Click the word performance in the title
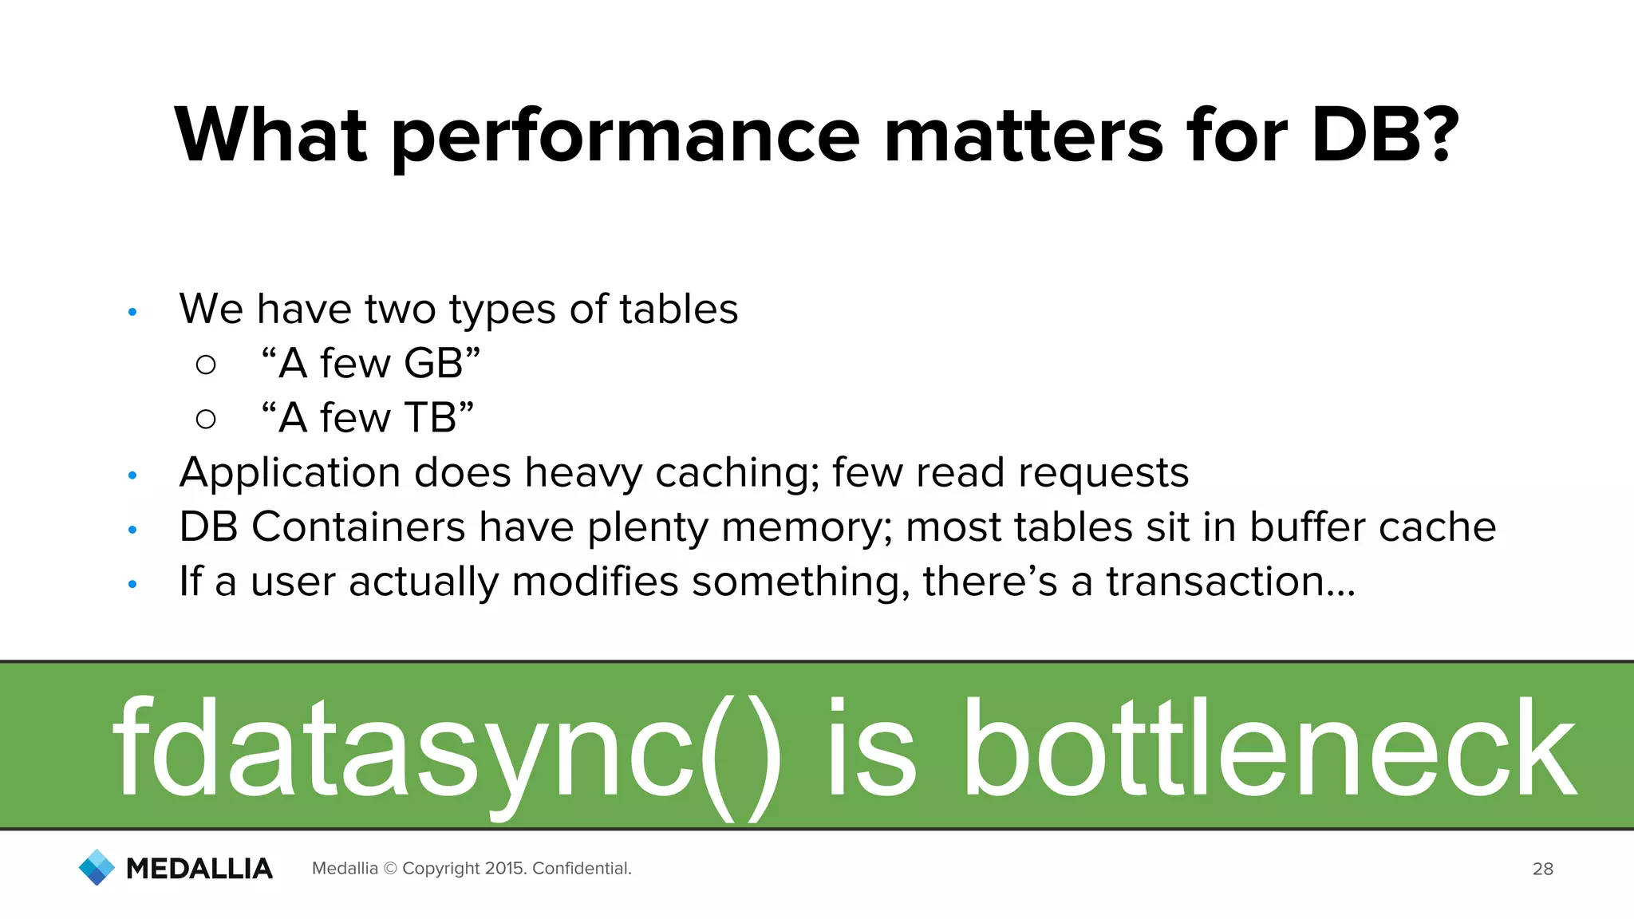625,137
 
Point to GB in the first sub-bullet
433,363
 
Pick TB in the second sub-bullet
430,417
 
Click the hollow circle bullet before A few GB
206,365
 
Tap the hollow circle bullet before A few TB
206,419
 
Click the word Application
290,474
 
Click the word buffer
1308,527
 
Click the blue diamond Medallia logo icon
97,867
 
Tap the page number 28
1542,869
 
